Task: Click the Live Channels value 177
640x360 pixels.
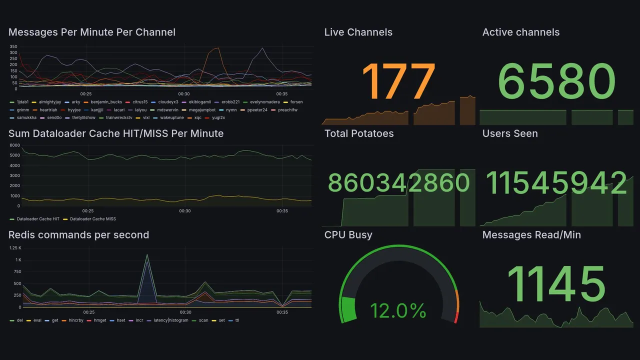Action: tap(398, 81)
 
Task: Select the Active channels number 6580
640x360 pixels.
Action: tap(556, 81)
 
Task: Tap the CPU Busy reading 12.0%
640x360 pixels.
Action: tap(398, 310)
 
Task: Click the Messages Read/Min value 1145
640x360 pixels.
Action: tap(556, 283)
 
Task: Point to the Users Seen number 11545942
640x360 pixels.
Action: tap(556, 183)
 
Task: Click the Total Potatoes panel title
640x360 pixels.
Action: tap(358, 133)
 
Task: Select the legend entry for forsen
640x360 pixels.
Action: tap(296, 102)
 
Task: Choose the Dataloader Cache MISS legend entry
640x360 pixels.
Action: tap(92, 219)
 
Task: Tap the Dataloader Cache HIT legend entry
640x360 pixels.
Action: tap(38, 219)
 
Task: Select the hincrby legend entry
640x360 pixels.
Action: tap(77, 320)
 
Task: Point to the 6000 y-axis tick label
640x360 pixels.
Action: tap(14, 145)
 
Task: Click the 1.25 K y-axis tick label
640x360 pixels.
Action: tap(16, 248)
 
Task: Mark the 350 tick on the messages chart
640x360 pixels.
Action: tap(13, 46)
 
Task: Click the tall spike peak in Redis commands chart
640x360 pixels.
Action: tap(147, 255)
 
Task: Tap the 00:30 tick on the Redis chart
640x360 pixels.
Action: tap(185, 312)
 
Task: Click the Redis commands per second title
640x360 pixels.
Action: tap(78, 235)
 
